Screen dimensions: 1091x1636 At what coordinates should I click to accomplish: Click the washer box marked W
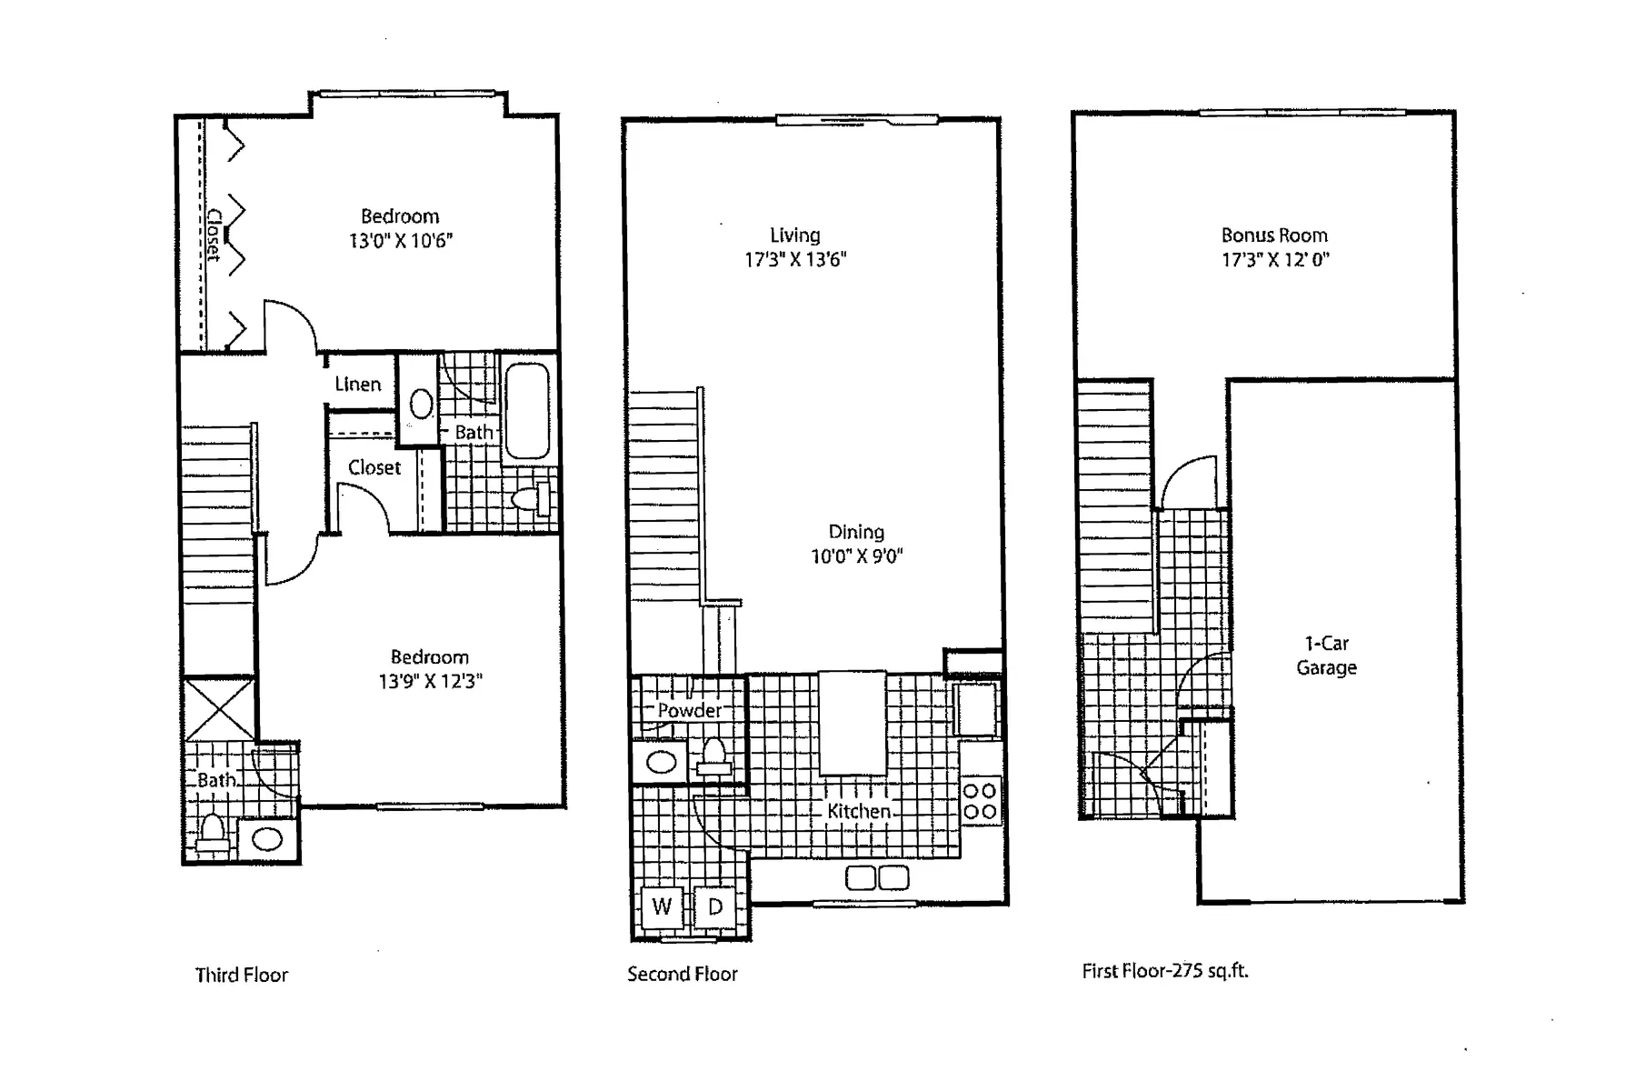pyautogui.click(x=662, y=906)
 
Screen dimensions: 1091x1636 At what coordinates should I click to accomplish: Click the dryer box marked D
pyautogui.click(x=715, y=906)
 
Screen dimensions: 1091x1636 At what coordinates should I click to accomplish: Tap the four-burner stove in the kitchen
pyautogui.click(x=980, y=801)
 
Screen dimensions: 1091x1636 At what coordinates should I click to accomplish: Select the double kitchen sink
pyautogui.click(x=877, y=878)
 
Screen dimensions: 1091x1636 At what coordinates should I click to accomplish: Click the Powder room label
pyautogui.click(x=690, y=710)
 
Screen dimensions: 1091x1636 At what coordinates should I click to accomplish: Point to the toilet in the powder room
pyautogui.click(x=714, y=756)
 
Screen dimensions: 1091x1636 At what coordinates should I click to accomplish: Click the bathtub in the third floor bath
pyautogui.click(x=526, y=411)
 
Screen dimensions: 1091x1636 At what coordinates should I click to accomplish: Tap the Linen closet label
pyautogui.click(x=358, y=385)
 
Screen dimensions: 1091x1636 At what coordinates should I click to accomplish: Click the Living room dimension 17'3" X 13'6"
pyautogui.click(x=795, y=260)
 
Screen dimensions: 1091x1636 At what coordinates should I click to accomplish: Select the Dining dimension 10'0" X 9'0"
pyautogui.click(x=856, y=556)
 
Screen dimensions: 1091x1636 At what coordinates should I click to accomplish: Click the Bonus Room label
pyautogui.click(x=1274, y=235)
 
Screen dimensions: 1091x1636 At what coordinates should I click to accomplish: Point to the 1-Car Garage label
pyautogui.click(x=1326, y=656)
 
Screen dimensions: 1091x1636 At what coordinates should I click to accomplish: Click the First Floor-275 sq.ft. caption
pyautogui.click(x=1164, y=971)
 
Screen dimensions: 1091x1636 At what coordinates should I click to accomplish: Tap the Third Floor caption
pyautogui.click(x=241, y=976)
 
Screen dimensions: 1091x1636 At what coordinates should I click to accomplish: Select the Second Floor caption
pyautogui.click(x=682, y=975)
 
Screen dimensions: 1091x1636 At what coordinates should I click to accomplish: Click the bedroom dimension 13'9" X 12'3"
pyautogui.click(x=430, y=681)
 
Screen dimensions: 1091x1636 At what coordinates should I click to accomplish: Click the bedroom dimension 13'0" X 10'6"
pyautogui.click(x=400, y=241)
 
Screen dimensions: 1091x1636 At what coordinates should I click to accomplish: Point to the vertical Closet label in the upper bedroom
pyautogui.click(x=214, y=235)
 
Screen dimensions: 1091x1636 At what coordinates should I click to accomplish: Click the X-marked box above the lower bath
pyautogui.click(x=219, y=709)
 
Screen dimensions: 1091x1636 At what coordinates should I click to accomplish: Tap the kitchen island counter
pyautogui.click(x=853, y=722)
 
